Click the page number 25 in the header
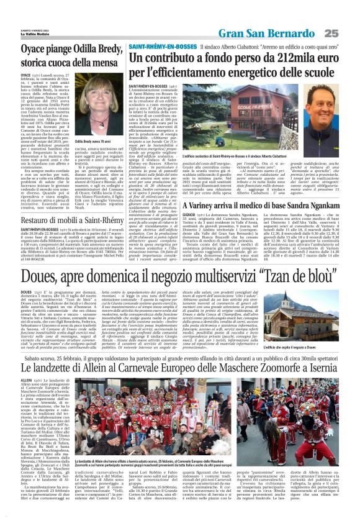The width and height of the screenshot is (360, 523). (348, 32)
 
